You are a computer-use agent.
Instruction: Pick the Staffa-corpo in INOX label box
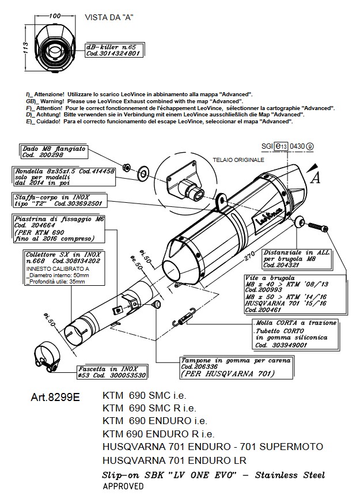(60, 201)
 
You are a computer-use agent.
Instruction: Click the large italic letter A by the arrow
(315, 178)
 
